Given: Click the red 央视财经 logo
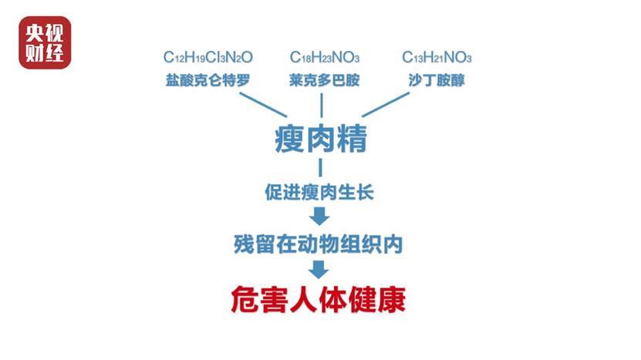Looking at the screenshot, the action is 45,42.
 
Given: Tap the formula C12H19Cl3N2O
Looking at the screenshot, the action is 208,57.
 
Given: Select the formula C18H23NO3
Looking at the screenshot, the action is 325,57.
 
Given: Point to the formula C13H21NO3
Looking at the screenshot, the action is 437,57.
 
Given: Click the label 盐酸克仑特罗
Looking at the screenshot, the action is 207,80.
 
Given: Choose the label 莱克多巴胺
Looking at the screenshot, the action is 324,80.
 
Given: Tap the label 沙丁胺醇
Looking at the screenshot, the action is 437,80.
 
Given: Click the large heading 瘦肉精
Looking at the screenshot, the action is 321,139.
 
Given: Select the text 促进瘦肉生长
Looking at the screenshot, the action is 319,192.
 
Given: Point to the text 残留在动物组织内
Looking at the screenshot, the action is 319,244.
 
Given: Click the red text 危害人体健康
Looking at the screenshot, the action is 319,300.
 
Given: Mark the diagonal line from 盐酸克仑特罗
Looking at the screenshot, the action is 263,105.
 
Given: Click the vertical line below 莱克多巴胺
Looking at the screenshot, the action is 322,105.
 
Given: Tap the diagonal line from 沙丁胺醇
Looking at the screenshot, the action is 386,105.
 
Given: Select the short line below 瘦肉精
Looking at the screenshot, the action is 321,167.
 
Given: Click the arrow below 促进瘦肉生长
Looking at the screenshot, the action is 319,216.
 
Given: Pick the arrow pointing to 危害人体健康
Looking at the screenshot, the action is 319,270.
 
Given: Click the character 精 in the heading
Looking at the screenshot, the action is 353,139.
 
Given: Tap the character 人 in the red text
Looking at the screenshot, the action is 303,300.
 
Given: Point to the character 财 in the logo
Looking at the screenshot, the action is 35,52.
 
